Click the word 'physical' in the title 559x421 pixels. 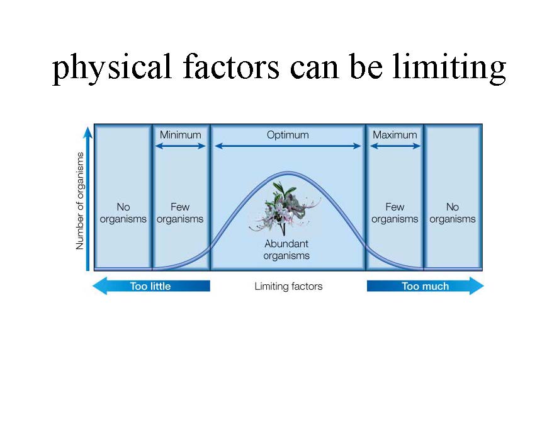click(111, 68)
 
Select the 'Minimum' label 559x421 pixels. click(181, 135)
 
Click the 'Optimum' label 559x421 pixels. click(288, 135)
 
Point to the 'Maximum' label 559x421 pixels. click(395, 135)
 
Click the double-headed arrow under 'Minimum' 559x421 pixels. click(181, 146)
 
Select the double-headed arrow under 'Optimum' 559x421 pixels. click(288, 146)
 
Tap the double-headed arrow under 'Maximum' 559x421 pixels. click(395, 146)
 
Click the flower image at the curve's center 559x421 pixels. click(285, 209)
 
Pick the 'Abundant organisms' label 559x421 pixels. click(286, 250)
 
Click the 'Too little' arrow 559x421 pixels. click(151, 286)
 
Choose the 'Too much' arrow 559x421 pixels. click(426, 286)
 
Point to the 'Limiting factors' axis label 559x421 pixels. click(288, 286)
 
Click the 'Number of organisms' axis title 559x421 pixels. click(80, 201)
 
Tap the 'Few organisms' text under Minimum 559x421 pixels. click(180, 213)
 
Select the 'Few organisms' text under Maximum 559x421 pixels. click(395, 213)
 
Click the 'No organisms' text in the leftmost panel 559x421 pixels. click(123, 213)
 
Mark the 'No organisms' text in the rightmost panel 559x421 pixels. click(453, 213)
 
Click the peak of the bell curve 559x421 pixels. click(288, 173)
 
